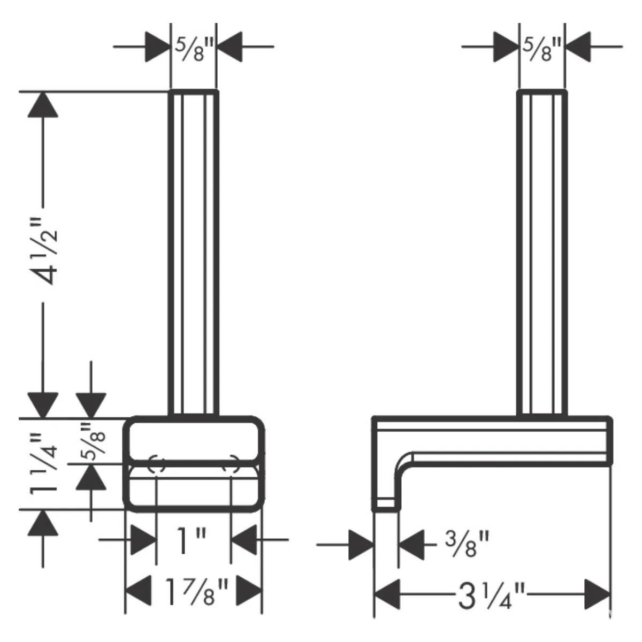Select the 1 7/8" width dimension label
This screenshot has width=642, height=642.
196,592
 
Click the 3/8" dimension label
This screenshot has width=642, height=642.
467,544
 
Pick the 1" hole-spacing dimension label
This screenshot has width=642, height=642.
191,540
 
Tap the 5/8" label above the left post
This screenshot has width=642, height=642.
194,49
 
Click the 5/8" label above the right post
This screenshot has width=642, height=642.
542,49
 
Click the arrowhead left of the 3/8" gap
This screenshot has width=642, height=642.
362,545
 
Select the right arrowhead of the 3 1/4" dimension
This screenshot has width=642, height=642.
598,594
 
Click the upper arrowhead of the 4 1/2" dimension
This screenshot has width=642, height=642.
43,105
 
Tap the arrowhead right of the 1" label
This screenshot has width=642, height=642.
244,540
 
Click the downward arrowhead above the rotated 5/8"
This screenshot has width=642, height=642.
91,405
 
